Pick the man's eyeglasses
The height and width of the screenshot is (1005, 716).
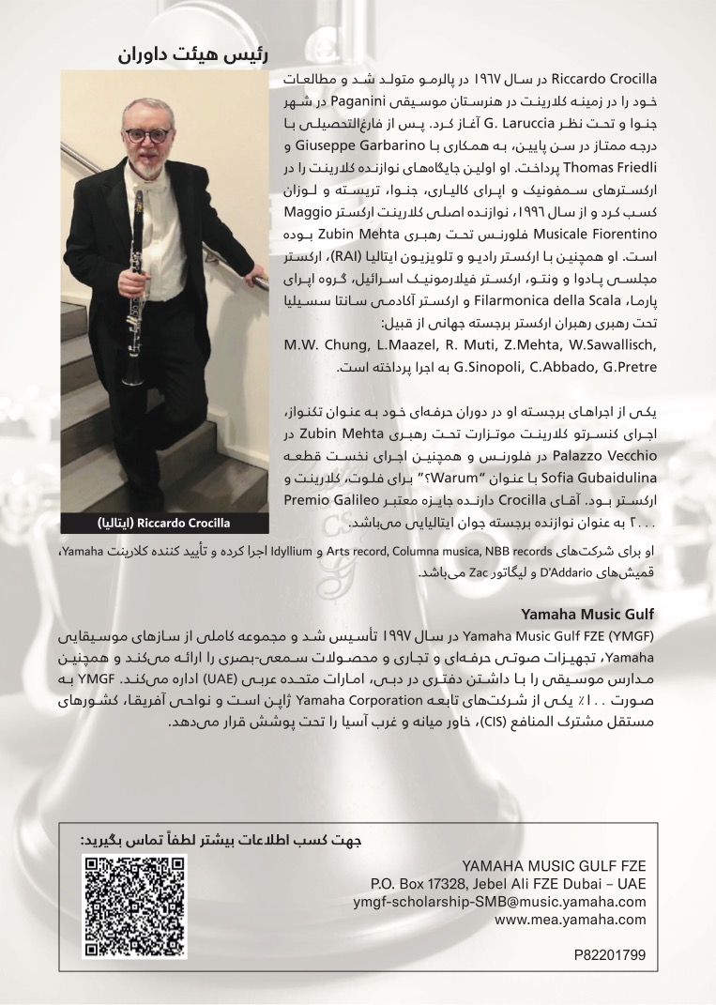[148, 134]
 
